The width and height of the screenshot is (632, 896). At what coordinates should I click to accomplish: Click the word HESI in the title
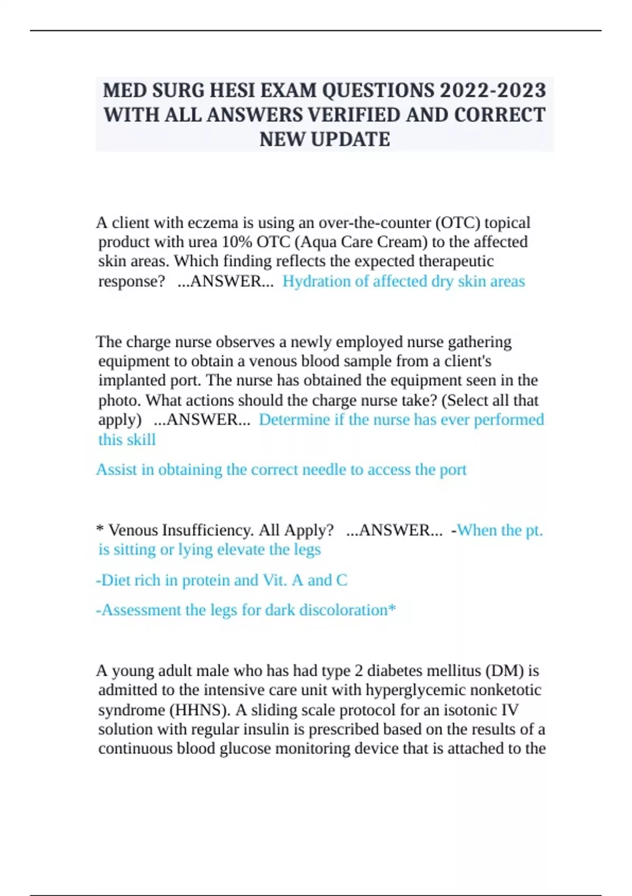pos(231,91)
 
